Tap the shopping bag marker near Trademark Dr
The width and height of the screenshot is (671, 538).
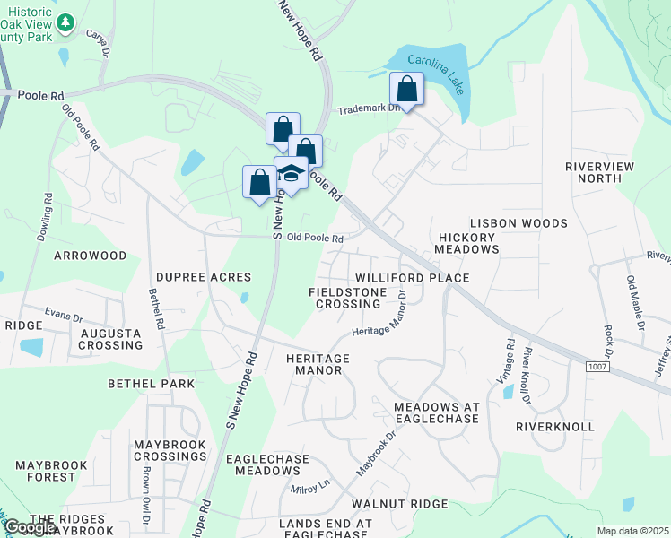406,90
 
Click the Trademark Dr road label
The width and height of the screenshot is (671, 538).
364,109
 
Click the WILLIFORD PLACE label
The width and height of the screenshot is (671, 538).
412,278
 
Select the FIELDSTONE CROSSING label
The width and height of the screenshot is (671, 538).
347,298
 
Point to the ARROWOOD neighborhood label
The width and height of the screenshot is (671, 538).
91,256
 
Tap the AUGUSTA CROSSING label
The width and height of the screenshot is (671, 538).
111,338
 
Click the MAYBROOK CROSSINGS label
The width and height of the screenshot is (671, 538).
170,450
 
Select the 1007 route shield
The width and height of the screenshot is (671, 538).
598,367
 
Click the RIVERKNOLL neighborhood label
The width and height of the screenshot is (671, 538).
554,427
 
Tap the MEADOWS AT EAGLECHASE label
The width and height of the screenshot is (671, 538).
437,414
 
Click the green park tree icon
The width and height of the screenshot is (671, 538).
65,23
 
